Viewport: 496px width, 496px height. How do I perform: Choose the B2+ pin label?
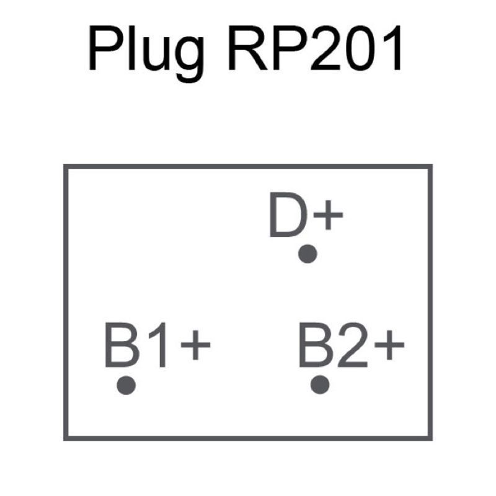point(351,344)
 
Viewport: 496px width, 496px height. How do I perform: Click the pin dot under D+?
point(308,254)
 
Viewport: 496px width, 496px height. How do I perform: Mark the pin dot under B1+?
point(126,384)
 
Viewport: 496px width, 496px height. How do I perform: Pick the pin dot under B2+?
point(320,384)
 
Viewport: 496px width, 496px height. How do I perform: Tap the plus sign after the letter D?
point(327,218)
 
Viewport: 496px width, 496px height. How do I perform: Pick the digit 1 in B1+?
point(157,344)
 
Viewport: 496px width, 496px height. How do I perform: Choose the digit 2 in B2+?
point(351,344)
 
